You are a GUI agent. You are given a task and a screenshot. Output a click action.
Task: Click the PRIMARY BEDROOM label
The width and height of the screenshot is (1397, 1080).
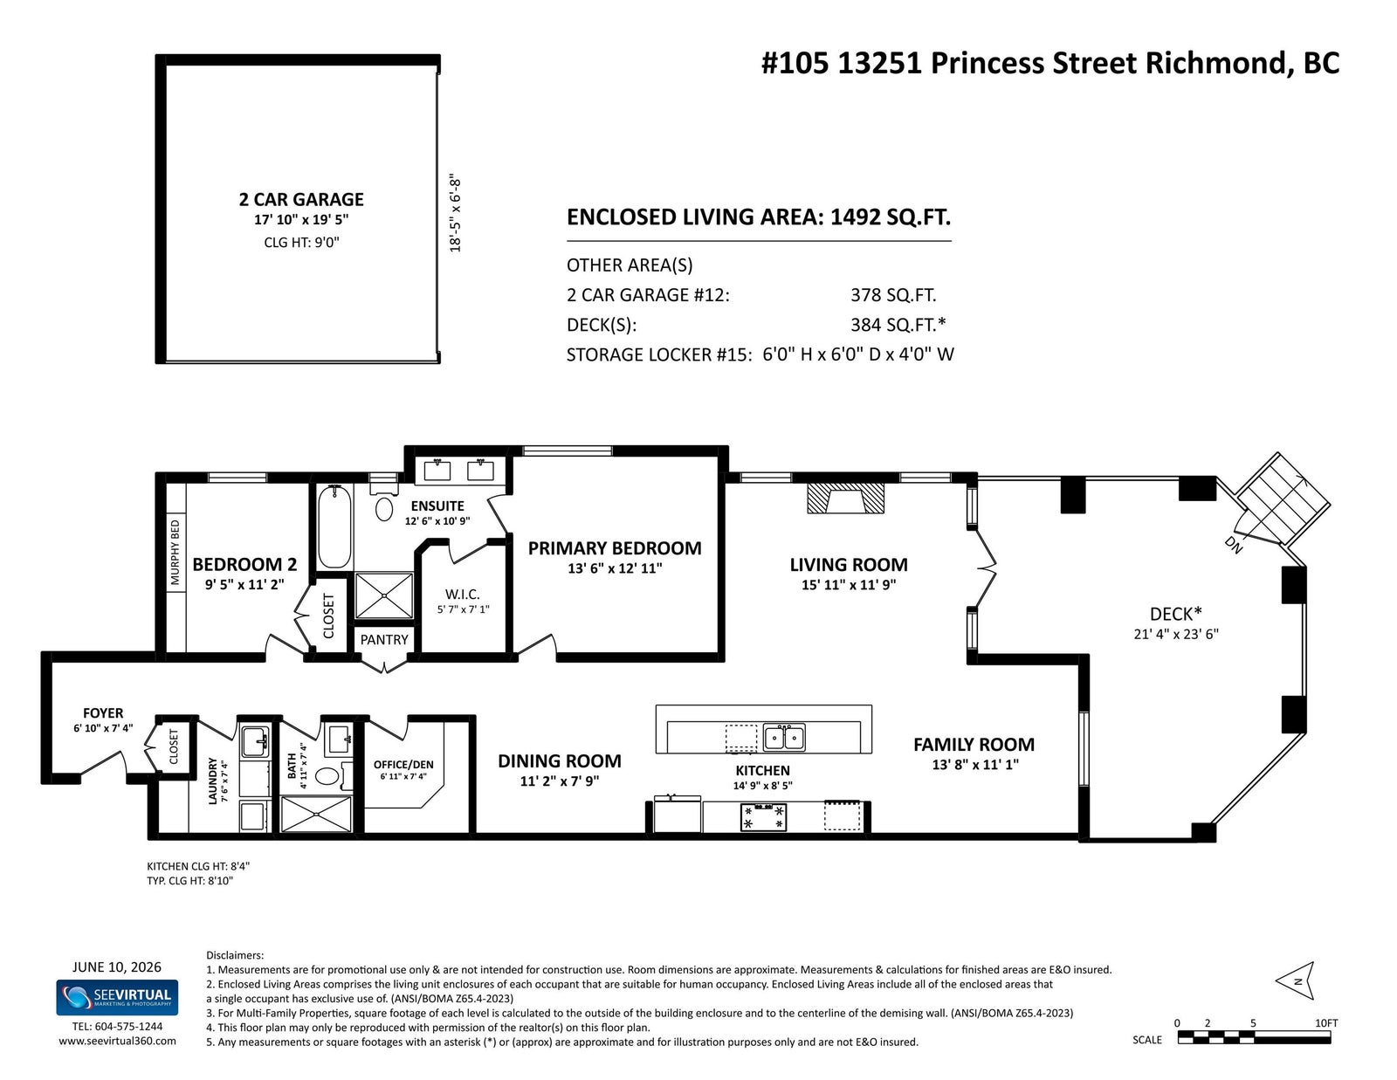coord(614,548)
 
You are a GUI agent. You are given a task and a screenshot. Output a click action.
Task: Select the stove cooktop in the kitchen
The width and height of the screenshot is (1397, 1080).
coord(763,816)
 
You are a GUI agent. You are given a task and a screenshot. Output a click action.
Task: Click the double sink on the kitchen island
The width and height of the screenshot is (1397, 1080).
coord(784,738)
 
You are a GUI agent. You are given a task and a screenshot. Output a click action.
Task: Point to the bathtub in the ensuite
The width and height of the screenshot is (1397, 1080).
coord(334,526)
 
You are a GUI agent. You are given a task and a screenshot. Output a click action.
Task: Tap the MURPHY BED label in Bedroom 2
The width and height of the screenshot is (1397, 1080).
coord(175,552)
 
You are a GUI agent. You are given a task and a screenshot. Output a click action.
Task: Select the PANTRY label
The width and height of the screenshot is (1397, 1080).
coord(384,640)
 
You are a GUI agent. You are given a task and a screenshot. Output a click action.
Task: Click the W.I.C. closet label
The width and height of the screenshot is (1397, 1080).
coord(462,595)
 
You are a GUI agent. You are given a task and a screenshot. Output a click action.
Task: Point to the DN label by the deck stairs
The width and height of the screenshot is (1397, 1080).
coord(1234,545)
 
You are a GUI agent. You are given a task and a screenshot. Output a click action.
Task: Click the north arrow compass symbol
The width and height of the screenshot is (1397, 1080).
coord(1296,981)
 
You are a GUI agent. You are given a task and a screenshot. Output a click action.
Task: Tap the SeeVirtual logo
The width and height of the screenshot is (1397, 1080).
coord(117,997)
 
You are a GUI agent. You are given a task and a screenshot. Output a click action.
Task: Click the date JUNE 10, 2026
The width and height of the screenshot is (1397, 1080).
coord(116,966)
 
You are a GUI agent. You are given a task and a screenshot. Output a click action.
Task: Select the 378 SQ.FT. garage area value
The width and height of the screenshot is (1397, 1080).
coord(893,295)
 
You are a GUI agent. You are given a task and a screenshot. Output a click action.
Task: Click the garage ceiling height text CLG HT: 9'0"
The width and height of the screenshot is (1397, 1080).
coord(301,243)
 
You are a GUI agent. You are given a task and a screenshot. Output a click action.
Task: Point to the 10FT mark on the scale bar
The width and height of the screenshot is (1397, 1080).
coord(1326,1022)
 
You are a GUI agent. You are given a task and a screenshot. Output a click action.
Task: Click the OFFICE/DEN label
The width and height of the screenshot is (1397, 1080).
coord(403,764)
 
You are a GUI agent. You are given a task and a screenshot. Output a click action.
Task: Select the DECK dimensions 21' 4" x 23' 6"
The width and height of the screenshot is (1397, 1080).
coord(1176,634)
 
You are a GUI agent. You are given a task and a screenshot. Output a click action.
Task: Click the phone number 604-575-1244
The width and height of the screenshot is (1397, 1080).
coord(128,1027)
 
